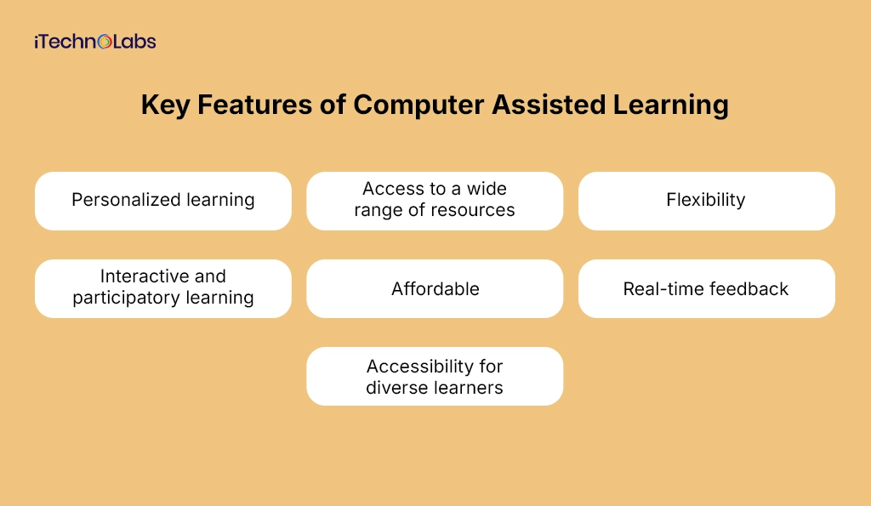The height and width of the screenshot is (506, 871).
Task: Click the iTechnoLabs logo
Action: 95,42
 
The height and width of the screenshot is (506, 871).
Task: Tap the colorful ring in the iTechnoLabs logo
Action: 105,42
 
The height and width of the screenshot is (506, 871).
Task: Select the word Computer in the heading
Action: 418,105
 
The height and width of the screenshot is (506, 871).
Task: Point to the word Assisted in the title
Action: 549,105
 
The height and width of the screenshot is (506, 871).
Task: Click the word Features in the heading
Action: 254,105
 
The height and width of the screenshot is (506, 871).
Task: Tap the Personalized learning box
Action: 163,201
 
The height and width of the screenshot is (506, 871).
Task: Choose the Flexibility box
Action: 707,201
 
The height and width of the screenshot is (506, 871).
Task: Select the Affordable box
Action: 435,289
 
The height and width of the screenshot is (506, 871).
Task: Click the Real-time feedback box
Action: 707,289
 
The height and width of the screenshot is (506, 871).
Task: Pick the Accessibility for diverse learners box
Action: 435,376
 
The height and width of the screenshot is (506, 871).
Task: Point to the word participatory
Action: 127,298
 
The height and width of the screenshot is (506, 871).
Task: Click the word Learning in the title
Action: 670,105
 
